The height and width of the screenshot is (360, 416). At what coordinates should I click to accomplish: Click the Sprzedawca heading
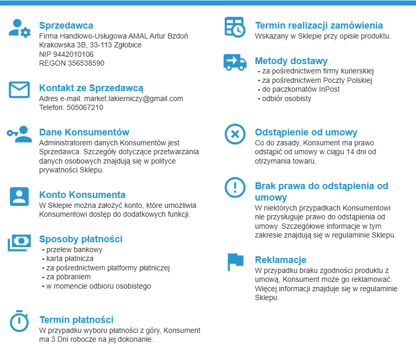tap(66, 26)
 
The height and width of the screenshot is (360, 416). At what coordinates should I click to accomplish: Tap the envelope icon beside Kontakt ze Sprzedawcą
tap(19, 90)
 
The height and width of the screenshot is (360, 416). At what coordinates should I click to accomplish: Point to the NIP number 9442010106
tap(73, 54)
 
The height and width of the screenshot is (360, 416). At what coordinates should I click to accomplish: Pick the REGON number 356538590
tap(86, 63)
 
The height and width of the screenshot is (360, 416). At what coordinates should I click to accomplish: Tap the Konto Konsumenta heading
tap(82, 195)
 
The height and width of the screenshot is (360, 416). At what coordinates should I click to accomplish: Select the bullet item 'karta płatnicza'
tap(69, 258)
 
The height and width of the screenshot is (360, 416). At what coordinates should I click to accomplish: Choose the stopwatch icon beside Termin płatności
tap(19, 321)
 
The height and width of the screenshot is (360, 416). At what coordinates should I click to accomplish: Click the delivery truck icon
tap(235, 62)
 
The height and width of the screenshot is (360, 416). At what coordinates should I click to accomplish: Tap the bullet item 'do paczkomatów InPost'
tap(301, 89)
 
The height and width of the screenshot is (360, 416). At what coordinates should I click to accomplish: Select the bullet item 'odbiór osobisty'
tap(287, 98)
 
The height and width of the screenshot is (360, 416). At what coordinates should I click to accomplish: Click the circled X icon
tap(235, 134)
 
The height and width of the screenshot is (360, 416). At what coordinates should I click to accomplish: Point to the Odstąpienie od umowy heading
tap(306, 132)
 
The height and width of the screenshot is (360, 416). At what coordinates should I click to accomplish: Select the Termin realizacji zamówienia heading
tap(319, 26)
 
